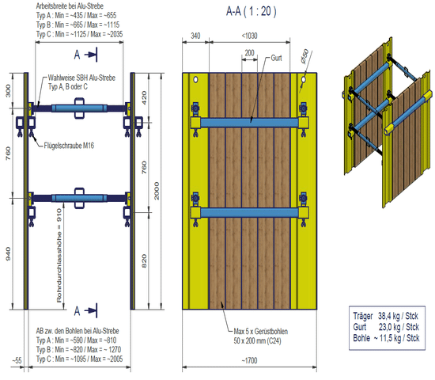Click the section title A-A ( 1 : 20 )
pos(251,11)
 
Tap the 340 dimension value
pos(195,36)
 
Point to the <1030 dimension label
pos(249,36)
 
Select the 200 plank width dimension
pos(249,53)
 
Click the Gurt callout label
pos(276,58)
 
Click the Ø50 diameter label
pos(304,56)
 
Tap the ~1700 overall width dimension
pos(249,360)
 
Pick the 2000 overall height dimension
pos(157,191)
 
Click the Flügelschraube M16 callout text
pos(69,146)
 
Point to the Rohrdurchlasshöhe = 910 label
pos(59,256)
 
